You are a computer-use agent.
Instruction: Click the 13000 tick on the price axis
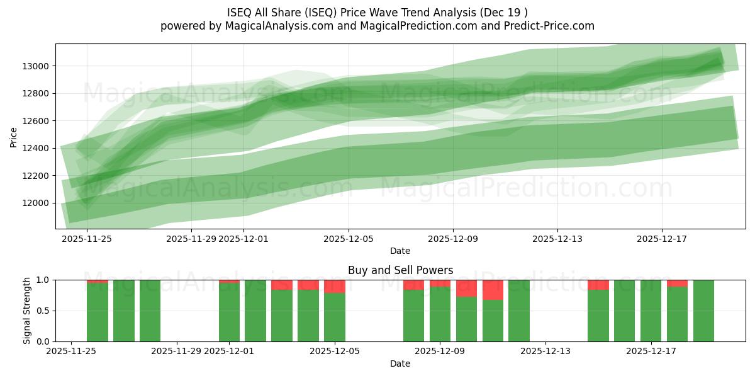point(36,66)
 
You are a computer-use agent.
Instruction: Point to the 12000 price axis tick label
point(36,203)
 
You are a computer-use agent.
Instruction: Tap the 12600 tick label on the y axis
point(36,121)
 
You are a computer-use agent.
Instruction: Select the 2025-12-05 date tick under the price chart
point(349,239)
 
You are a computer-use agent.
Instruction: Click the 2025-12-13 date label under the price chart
point(557,239)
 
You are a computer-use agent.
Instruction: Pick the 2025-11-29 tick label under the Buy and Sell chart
point(177,352)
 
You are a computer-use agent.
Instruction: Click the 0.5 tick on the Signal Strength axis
point(44,311)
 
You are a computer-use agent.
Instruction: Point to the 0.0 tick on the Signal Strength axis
point(44,341)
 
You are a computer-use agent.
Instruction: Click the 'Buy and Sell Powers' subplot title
point(400,270)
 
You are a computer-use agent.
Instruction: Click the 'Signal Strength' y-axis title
point(26,311)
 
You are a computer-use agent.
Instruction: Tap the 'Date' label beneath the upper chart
point(400,251)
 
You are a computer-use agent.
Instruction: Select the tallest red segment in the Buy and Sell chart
point(493,290)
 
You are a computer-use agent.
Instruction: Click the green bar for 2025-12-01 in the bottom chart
point(229,312)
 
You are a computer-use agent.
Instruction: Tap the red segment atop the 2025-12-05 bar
point(335,286)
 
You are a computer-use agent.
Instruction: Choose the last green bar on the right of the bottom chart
point(703,311)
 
